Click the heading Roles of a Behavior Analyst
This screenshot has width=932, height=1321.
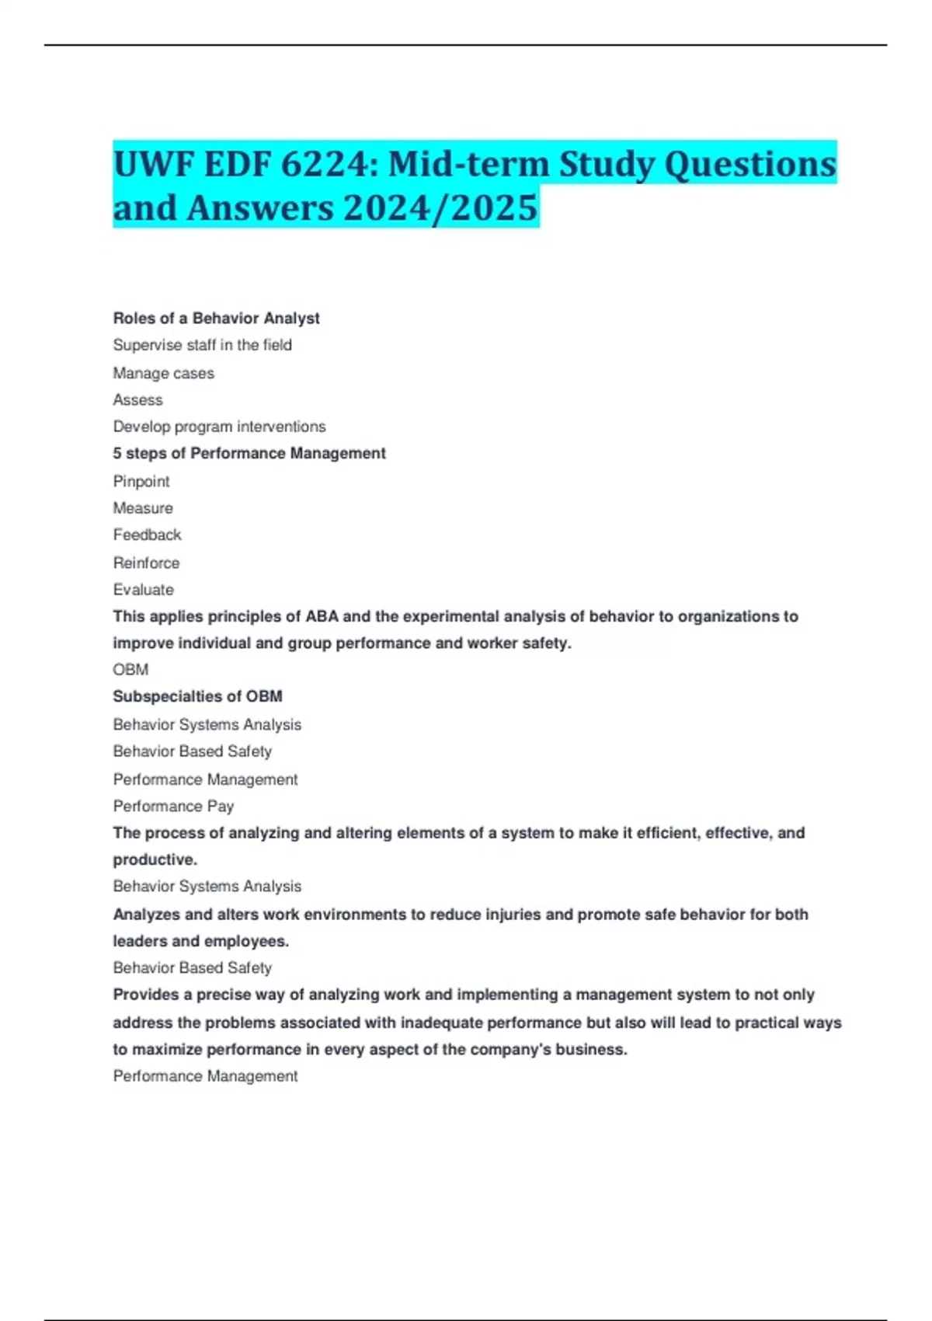tap(216, 319)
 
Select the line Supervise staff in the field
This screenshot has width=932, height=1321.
tap(202, 345)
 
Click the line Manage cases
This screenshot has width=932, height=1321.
tap(163, 374)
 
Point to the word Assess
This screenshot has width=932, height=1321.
tap(137, 400)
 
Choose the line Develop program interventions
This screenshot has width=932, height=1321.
tap(219, 427)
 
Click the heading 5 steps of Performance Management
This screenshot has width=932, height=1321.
tap(249, 453)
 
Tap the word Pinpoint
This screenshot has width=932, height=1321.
tap(141, 482)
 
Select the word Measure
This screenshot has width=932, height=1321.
tap(143, 508)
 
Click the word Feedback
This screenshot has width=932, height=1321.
tap(147, 535)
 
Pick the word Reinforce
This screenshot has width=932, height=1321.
tap(146, 563)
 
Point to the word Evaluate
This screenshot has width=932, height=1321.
tap(143, 590)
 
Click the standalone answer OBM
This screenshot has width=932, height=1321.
tap(130, 670)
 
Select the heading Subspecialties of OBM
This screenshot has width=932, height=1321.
tap(197, 696)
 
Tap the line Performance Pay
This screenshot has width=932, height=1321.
tap(173, 807)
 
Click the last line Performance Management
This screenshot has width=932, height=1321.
tap(205, 1076)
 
